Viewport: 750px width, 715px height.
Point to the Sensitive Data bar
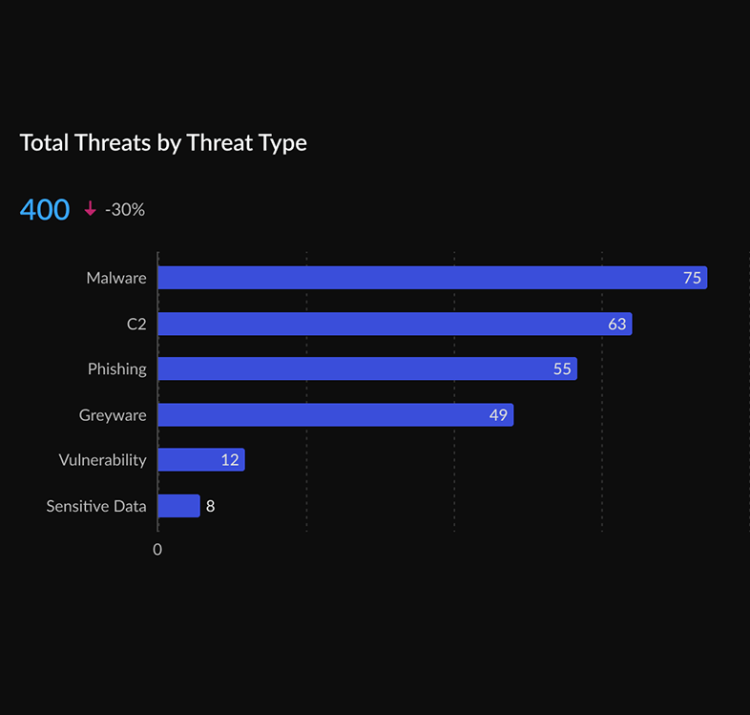177,506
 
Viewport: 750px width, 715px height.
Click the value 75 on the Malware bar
692,278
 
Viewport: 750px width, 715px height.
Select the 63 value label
617,324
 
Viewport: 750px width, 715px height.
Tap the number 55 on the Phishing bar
562,368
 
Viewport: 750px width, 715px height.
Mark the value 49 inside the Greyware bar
498,414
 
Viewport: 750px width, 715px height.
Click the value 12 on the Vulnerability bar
230,460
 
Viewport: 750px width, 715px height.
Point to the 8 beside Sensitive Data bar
211,506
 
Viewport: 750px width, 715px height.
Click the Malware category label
116,278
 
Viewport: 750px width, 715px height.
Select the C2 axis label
136,324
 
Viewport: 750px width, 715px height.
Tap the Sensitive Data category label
96,506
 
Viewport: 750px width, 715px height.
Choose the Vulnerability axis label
102,460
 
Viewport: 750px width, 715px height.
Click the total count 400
45,209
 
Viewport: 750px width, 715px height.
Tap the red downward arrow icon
91,209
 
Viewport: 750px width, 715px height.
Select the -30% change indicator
125,209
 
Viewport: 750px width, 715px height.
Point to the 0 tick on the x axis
157,550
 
